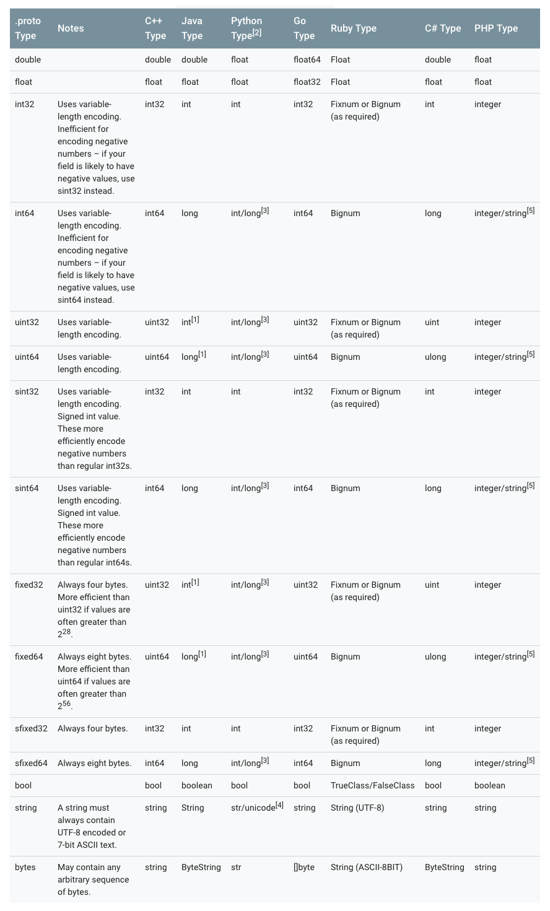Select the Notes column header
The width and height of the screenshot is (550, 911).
coord(71,28)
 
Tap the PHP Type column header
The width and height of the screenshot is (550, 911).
coord(495,28)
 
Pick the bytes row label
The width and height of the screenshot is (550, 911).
coord(25,867)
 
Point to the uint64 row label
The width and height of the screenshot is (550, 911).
coord(27,357)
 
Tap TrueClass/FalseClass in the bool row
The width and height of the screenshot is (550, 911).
coord(372,785)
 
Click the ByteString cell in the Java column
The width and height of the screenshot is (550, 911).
coord(201,867)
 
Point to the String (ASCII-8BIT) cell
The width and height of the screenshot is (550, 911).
coord(366,867)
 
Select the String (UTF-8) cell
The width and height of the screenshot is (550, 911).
coord(357,808)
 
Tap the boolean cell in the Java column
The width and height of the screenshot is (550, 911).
coord(196,785)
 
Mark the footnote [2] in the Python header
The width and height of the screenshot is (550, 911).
coord(256,32)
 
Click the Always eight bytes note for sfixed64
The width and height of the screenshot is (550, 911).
coord(94,763)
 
